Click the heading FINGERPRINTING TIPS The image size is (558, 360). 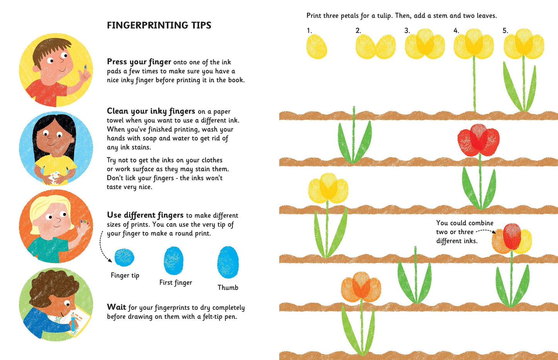click(159, 25)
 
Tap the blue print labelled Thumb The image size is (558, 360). click(228, 262)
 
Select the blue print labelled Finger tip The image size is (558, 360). click(124, 257)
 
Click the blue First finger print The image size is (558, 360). click(173, 260)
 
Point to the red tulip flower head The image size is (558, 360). click(478, 140)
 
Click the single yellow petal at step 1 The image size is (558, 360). click(317, 47)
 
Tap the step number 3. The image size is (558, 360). click(407, 30)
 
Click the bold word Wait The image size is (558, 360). click(116, 307)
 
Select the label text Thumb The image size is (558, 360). click(228, 287)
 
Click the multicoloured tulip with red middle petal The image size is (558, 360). click(512, 238)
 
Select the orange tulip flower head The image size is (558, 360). click(361, 287)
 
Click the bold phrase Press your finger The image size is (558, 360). click(139, 62)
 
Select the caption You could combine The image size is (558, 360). click(465, 223)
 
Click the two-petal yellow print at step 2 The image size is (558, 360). click(375, 47)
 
